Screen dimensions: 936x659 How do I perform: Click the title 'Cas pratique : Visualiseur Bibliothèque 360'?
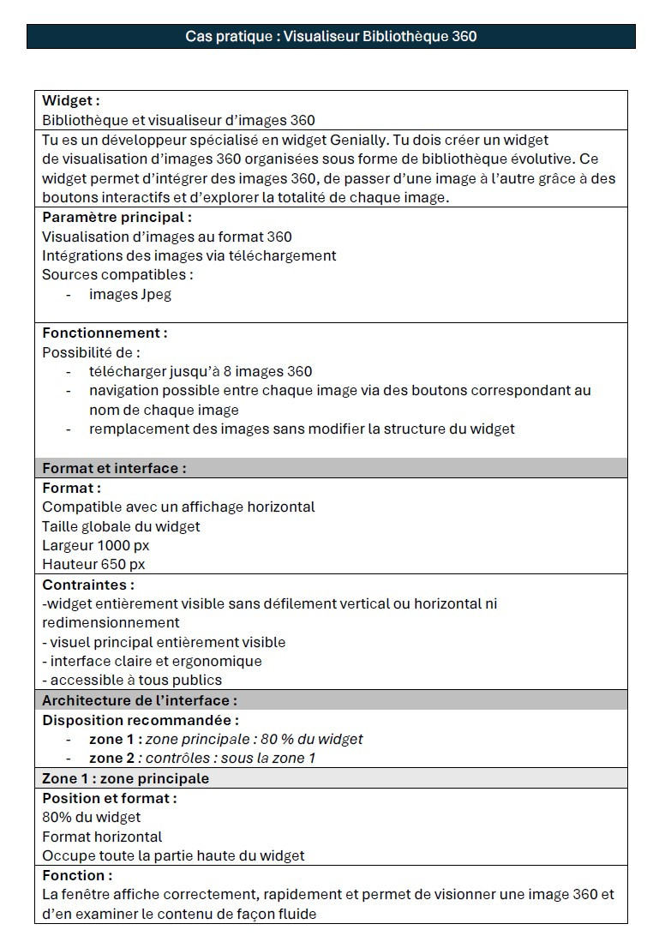(x=331, y=36)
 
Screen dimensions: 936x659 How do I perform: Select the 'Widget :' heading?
(x=71, y=101)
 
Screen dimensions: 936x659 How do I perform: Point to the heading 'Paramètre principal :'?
(x=117, y=218)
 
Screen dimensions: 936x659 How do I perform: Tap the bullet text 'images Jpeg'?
(x=130, y=294)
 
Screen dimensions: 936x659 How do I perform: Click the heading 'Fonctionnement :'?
(x=105, y=333)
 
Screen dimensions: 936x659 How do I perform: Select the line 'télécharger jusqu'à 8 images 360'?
(x=201, y=371)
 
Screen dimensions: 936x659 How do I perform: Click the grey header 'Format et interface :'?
(x=114, y=468)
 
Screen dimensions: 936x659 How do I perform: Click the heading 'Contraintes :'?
(x=88, y=585)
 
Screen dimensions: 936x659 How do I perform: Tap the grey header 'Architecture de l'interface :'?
(x=140, y=700)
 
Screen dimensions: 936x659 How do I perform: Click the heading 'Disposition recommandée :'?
(x=141, y=720)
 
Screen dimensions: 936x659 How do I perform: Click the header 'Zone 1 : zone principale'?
(x=125, y=778)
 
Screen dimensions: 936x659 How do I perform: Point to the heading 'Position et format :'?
(x=110, y=798)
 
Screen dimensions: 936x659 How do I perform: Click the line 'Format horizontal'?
(x=102, y=837)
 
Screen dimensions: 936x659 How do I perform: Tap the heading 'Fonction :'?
(x=77, y=875)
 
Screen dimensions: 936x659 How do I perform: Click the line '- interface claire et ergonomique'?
(x=152, y=661)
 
